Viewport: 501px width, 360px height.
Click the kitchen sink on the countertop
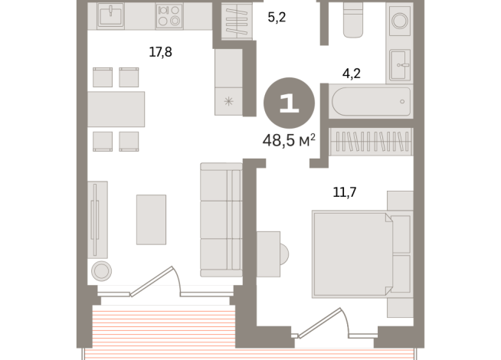(110, 15)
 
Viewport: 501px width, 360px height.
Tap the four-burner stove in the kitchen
(169, 15)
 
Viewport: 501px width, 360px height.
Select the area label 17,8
(159, 52)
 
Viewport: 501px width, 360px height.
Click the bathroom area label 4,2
(352, 74)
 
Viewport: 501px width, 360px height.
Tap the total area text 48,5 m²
(289, 141)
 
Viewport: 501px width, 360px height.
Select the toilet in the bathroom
(354, 18)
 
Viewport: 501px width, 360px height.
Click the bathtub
(372, 101)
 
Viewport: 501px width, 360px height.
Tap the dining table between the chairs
(116, 108)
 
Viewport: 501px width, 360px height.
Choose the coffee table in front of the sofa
(151, 219)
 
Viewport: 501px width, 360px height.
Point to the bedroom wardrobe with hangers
(371, 142)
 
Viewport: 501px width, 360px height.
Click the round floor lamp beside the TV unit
(101, 270)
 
